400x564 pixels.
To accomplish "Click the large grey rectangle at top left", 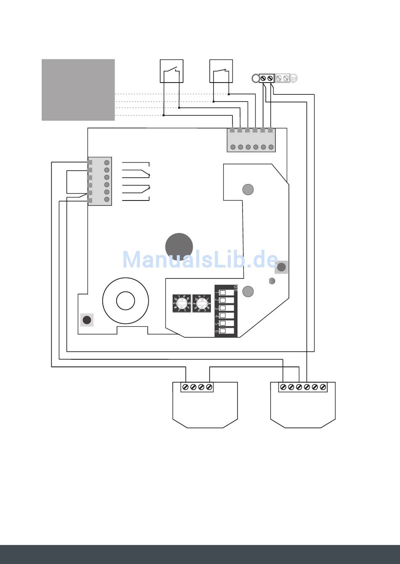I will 78,90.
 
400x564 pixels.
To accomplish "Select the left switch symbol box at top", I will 171,71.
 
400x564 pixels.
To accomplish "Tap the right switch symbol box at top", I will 221,71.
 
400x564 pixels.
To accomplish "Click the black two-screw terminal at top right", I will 267,78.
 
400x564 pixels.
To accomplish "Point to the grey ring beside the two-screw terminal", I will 255,78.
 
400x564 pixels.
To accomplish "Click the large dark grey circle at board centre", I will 179,247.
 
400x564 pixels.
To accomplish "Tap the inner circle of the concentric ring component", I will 125,301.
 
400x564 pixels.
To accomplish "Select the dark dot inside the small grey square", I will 87,320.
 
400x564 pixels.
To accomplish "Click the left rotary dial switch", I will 182,303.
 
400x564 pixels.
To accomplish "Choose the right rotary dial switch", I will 201,303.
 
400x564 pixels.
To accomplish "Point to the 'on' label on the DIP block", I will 235,288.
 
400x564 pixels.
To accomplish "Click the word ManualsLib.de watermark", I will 200,260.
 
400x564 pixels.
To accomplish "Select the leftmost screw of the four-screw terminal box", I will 185,387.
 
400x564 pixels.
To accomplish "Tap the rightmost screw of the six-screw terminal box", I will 323,387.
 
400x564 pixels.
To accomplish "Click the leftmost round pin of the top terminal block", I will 233,147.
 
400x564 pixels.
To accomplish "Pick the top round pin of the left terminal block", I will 107,163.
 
